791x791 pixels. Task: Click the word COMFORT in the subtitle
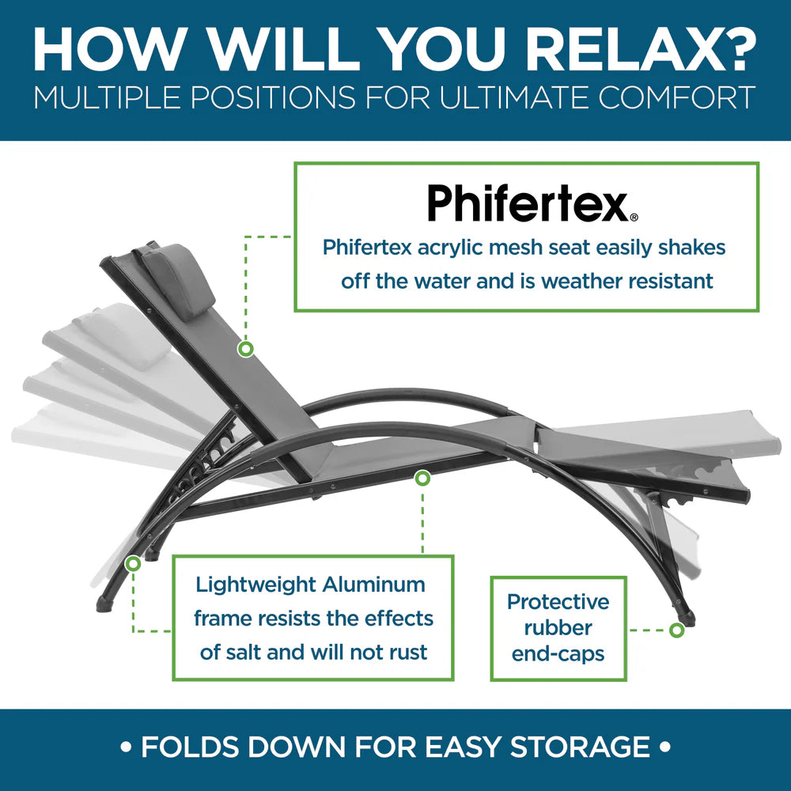(676, 97)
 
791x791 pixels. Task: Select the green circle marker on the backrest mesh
(246, 349)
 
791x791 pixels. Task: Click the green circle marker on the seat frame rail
(422, 478)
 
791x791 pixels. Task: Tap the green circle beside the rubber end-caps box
(676, 630)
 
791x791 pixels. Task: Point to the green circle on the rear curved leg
(133, 563)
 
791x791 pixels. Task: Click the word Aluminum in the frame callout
(374, 585)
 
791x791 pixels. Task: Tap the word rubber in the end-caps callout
(558, 628)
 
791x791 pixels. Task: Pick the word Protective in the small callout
(558, 602)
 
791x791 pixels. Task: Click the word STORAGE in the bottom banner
(580, 747)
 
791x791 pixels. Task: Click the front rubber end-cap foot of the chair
(687, 619)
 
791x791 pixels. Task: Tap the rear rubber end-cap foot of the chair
(104, 604)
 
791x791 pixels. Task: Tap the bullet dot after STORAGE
(666, 747)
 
